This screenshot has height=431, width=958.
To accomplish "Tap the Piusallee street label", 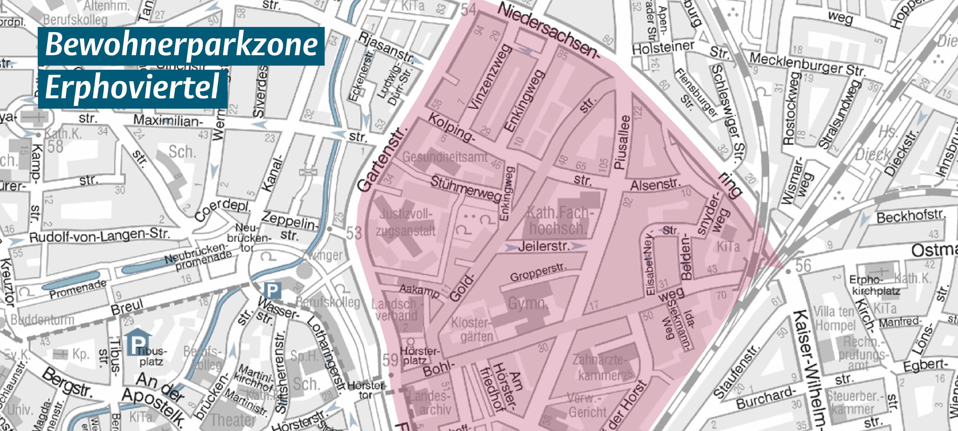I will point(623,142).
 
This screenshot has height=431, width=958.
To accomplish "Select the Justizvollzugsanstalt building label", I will point(405,222).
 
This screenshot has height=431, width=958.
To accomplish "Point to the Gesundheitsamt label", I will point(444,157).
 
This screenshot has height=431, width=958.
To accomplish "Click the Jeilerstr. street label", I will point(543,246).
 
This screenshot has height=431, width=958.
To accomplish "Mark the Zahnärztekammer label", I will point(602,368).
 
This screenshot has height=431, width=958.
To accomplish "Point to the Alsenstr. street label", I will point(655,185).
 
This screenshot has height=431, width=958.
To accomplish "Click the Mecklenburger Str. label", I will point(807,64).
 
